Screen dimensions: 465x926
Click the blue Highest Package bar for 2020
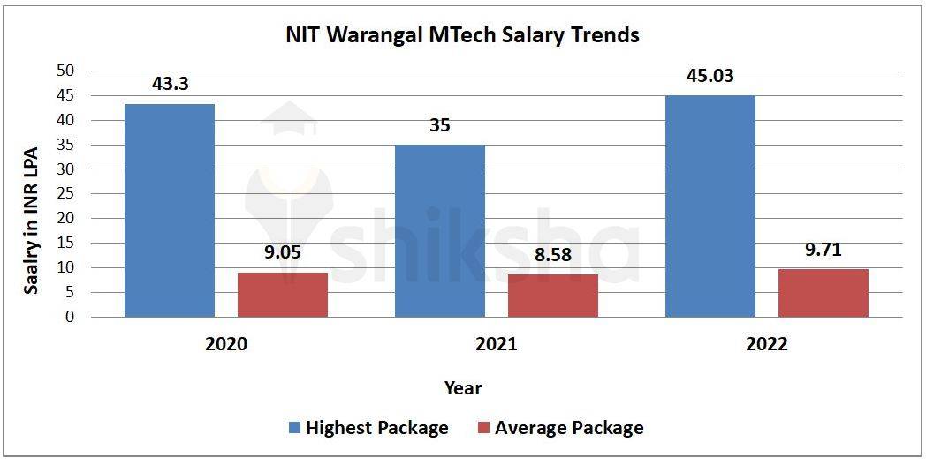click(169, 210)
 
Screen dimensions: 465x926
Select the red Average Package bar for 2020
click(283, 295)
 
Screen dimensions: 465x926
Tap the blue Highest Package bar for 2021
click(439, 230)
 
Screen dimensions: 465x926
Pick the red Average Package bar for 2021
click(553, 296)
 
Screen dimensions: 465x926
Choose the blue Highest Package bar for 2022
click(710, 206)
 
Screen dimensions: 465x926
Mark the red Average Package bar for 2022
click(824, 293)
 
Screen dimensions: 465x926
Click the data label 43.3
click(170, 85)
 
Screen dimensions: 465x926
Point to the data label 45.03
click(710, 76)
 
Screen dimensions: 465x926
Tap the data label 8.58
click(552, 255)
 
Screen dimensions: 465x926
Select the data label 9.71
click(823, 250)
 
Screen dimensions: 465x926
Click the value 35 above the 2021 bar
click(439, 125)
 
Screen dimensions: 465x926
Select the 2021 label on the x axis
click(496, 345)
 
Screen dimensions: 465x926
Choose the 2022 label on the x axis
click(766, 345)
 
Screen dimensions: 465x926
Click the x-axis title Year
click(463, 387)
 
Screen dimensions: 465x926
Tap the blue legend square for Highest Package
click(294, 429)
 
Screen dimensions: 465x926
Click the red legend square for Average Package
click(483, 429)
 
